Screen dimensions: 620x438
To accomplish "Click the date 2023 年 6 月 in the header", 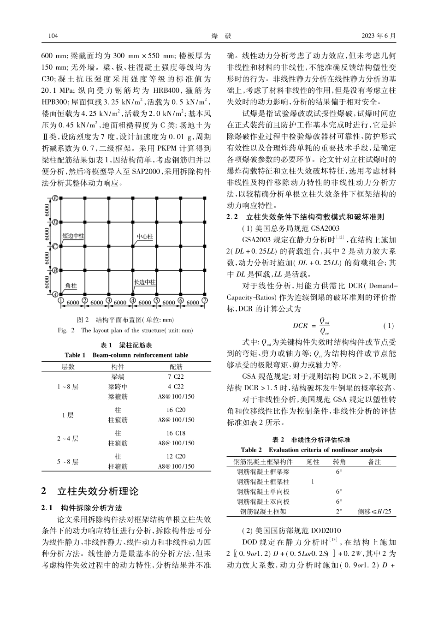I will tap(379, 36).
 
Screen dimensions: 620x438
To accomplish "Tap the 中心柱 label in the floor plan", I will tap(144, 237).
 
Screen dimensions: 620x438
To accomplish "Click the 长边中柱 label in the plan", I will tap(144, 281).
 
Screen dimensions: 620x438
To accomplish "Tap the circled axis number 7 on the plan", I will tap(205, 301).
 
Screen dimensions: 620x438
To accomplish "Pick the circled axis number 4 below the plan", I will tap(133, 301).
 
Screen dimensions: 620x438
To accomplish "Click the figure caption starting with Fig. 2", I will tap(125, 330).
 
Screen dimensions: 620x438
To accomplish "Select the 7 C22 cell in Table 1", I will tap(176, 377).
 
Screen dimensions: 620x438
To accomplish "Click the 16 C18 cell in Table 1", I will tap(176, 433).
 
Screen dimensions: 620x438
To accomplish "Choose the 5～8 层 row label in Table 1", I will tap(68, 461).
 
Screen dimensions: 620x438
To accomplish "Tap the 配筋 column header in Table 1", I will tap(176, 367).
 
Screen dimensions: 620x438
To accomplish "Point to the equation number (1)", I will tap(389, 325).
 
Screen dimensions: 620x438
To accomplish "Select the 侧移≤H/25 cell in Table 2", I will tap(374, 511).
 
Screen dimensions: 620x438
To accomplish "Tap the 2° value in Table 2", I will tap(339, 511).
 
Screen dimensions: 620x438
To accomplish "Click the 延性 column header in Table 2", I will tap(313, 461).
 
